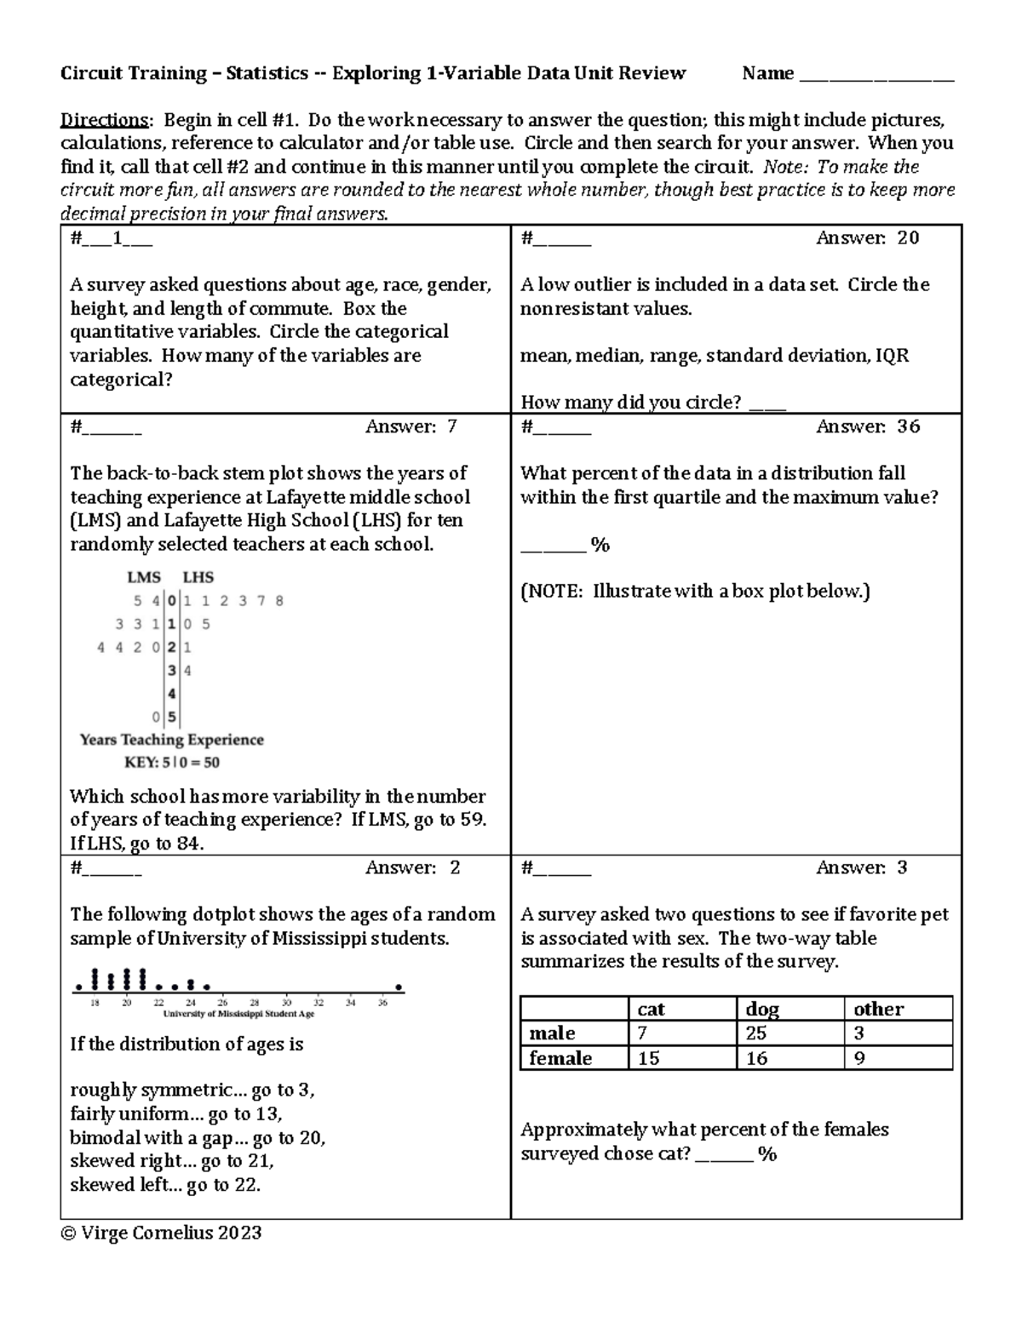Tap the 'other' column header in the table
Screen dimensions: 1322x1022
pyautogui.click(x=878, y=1009)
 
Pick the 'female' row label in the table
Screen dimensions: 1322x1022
pyautogui.click(x=560, y=1058)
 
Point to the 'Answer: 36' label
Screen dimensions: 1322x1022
pyautogui.click(x=867, y=426)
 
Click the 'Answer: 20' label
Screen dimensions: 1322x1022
pyautogui.click(x=867, y=238)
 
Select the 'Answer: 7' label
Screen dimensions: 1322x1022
pyautogui.click(x=411, y=426)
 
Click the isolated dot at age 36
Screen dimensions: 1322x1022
pyautogui.click(x=399, y=988)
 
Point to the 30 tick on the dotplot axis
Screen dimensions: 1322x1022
pyautogui.click(x=287, y=1003)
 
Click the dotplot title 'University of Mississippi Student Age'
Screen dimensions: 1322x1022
pyautogui.click(x=238, y=1014)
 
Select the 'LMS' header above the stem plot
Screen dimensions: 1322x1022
pyautogui.click(x=144, y=577)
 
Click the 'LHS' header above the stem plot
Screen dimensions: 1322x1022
pyautogui.click(x=198, y=577)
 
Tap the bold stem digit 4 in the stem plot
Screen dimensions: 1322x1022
pyautogui.click(x=172, y=694)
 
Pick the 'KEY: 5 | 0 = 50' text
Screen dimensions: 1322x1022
pyautogui.click(x=172, y=763)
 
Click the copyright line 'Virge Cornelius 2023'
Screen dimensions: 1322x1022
pyautogui.click(x=161, y=1233)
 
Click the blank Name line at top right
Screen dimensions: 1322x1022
pyautogui.click(x=877, y=75)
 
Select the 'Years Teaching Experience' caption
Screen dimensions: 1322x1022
pyautogui.click(x=172, y=740)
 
